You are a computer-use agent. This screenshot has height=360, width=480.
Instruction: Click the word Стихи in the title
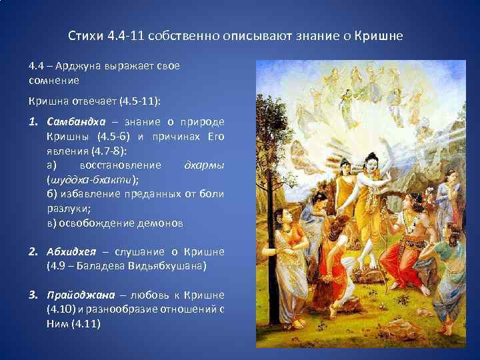tap(85, 35)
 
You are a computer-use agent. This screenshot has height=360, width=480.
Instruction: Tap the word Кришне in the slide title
tap(379, 35)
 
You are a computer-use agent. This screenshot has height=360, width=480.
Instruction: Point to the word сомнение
tap(54, 80)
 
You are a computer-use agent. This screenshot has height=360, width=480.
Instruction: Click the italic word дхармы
tap(203, 165)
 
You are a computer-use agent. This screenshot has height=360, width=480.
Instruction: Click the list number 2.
tap(33, 252)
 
